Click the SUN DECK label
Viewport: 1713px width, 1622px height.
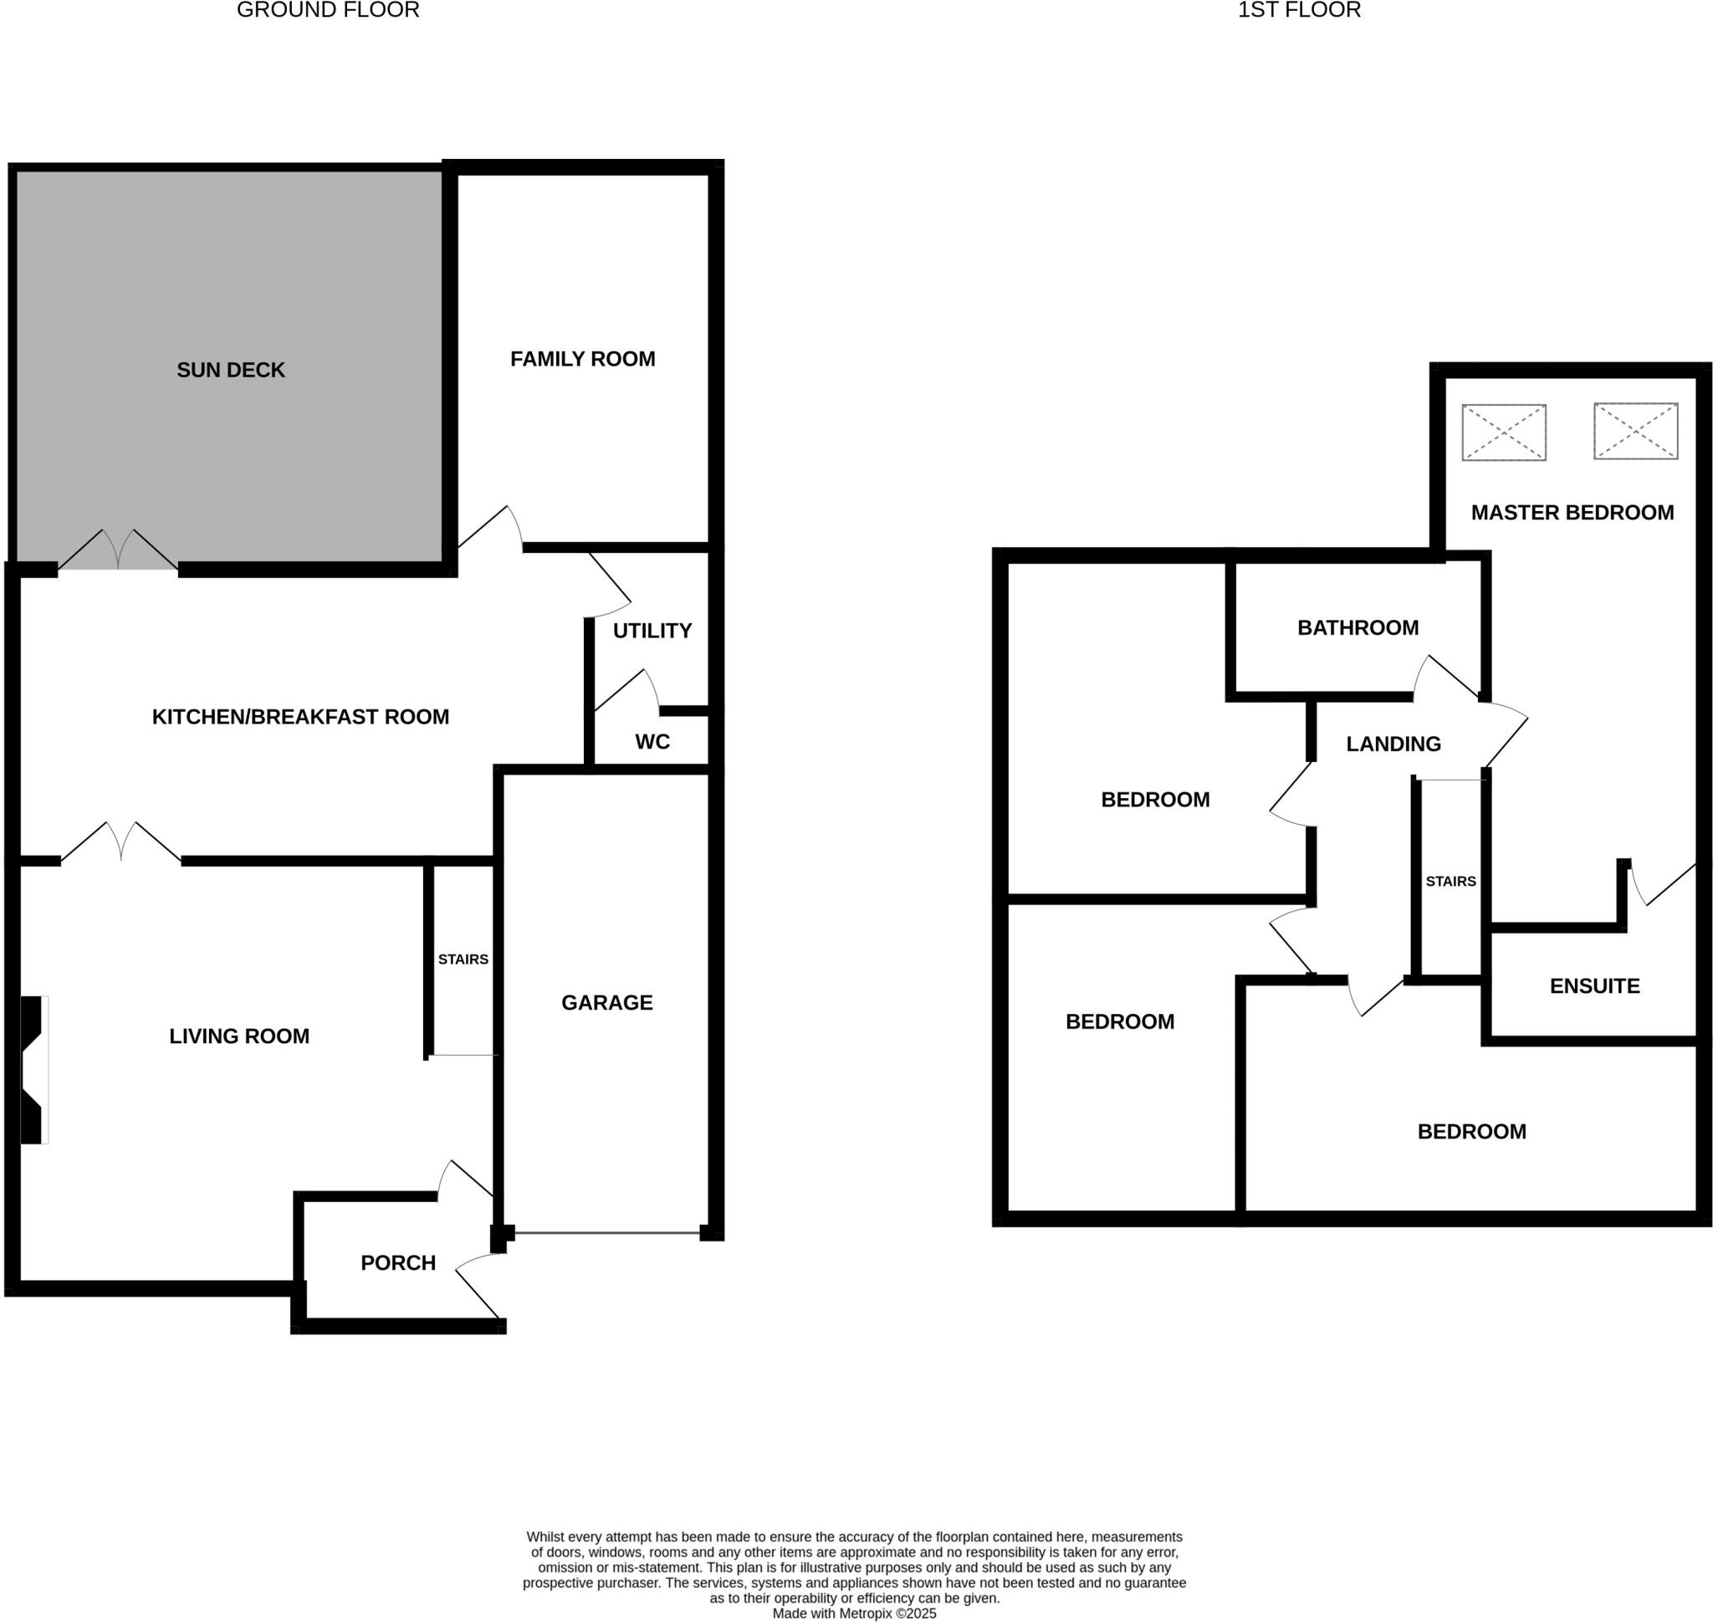click(x=230, y=370)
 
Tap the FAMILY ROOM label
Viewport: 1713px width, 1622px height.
click(x=582, y=359)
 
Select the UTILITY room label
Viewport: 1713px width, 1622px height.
click(x=652, y=632)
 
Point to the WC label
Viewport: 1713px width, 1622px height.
click(x=652, y=742)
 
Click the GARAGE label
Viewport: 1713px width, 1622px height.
click(x=606, y=1003)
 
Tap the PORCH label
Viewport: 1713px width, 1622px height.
click(x=398, y=1263)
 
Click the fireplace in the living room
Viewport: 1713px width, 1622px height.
click(x=33, y=1071)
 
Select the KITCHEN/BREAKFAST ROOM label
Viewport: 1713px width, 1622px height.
click(x=300, y=717)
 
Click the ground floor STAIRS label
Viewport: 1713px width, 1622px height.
click(x=463, y=959)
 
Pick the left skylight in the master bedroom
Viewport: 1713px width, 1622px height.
click(x=1503, y=432)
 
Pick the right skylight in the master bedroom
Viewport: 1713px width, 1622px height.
click(x=1635, y=432)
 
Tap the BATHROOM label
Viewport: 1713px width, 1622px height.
click(x=1358, y=627)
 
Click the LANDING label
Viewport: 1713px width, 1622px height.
click(x=1393, y=744)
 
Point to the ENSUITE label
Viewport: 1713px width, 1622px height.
click(x=1593, y=986)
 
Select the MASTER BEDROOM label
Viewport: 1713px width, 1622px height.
click(x=1572, y=513)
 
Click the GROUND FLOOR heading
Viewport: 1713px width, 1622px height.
click(x=328, y=10)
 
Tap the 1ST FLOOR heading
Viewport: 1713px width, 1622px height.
click(x=1299, y=10)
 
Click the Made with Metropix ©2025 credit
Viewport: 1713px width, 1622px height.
click(x=853, y=1614)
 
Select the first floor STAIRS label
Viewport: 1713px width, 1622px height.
click(x=1450, y=882)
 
